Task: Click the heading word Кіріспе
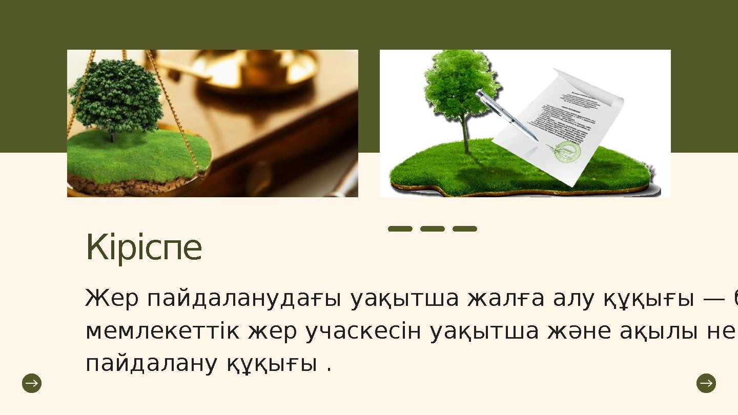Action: (x=144, y=247)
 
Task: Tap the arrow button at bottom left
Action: (x=32, y=383)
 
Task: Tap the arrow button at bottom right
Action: (x=706, y=383)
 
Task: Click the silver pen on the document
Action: (x=505, y=114)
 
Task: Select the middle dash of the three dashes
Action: (x=433, y=229)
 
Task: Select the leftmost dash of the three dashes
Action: (x=400, y=229)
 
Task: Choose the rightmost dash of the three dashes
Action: (x=465, y=229)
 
